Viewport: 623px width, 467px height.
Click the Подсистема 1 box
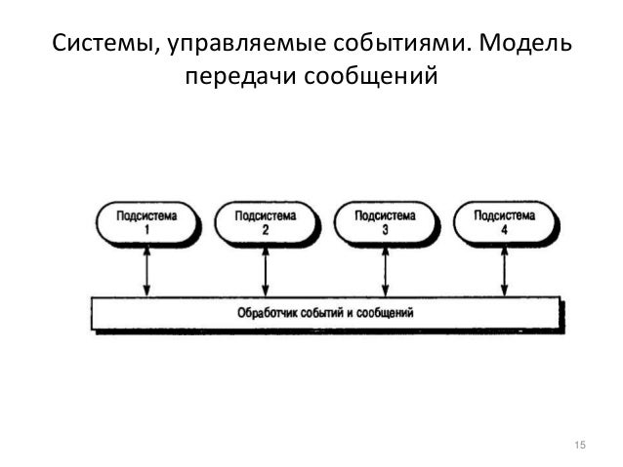point(145,223)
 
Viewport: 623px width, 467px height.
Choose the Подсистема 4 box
point(503,223)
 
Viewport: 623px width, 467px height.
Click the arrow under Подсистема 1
point(146,270)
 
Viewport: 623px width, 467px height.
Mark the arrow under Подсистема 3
point(385,270)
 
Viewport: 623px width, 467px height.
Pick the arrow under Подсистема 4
point(504,270)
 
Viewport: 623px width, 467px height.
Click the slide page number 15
point(580,446)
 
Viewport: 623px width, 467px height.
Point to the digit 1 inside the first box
point(145,230)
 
